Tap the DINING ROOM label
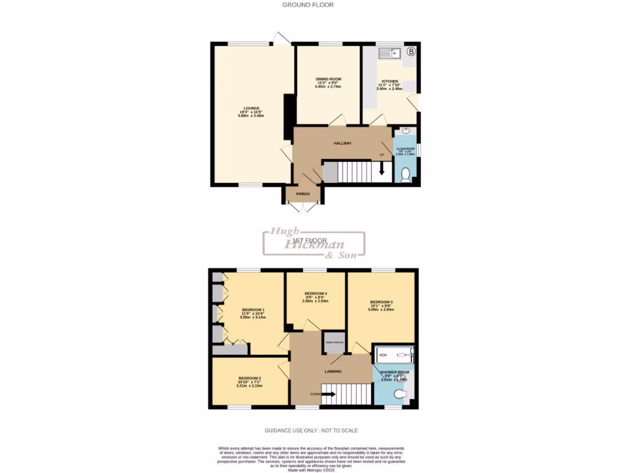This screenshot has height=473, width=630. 328,79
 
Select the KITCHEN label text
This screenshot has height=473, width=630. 389,81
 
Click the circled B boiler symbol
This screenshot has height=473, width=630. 410,52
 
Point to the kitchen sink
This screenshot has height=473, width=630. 389,54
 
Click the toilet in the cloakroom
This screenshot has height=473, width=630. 405,176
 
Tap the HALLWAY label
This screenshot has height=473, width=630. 343,143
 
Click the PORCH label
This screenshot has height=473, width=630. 303,194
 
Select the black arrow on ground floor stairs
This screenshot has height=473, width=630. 382,169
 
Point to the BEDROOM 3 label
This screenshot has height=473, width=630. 381,302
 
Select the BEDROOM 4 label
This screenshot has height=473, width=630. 316,293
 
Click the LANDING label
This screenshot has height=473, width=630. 333,371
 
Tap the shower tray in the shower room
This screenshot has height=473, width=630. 394,355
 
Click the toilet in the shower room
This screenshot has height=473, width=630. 401,394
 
